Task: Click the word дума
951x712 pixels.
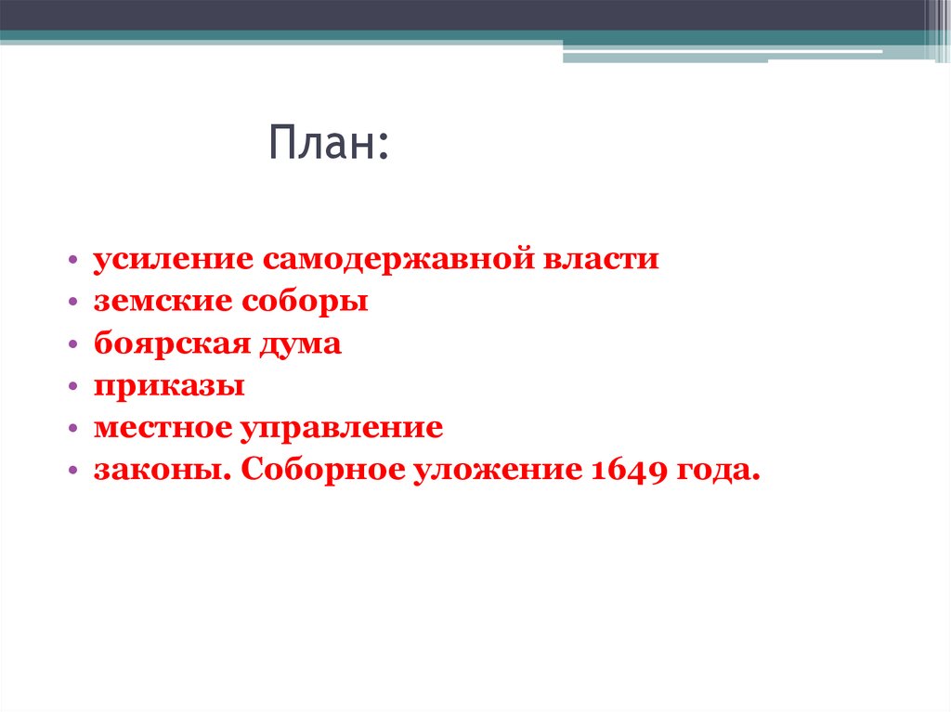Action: [x=300, y=344]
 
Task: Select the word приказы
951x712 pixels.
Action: [x=168, y=387]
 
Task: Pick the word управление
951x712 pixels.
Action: [x=342, y=430]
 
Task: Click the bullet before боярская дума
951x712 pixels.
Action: [x=72, y=345]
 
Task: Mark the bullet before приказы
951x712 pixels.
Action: [x=72, y=388]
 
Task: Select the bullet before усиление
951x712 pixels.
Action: [x=72, y=260]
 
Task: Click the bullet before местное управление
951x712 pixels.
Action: [x=72, y=430]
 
